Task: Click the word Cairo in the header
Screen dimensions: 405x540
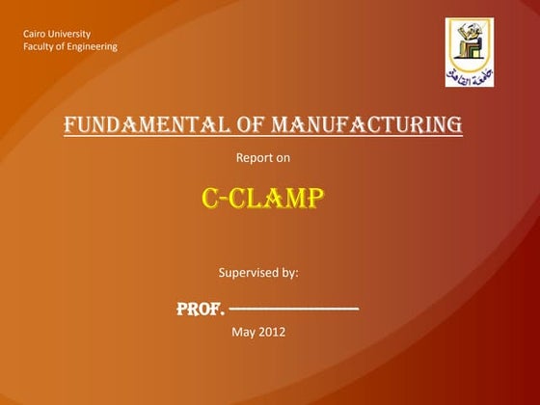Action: (x=35, y=36)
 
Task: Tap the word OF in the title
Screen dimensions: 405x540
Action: (x=248, y=124)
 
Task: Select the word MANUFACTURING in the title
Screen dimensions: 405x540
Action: (x=366, y=124)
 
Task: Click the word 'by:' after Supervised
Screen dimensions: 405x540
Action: (x=288, y=273)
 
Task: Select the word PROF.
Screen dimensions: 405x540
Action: (x=201, y=310)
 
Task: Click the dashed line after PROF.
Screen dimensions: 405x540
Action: (x=295, y=310)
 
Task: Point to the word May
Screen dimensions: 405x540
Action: (x=245, y=333)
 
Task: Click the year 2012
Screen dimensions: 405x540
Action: (x=273, y=333)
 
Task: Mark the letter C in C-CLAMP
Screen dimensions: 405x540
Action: (x=210, y=198)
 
